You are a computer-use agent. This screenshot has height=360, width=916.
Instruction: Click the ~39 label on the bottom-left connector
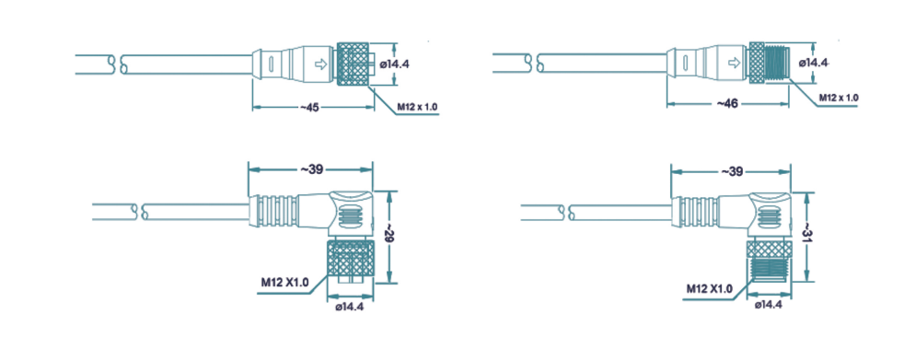pyautogui.click(x=311, y=169)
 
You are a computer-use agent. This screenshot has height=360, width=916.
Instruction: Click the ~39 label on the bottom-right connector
pyautogui.click(x=731, y=171)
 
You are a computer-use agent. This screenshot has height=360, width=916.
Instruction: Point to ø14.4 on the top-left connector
pyautogui.click(x=394, y=64)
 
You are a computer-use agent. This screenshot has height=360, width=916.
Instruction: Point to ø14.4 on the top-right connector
pyautogui.click(x=813, y=62)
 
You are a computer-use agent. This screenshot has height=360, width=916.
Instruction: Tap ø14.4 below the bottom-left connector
pyautogui.click(x=350, y=308)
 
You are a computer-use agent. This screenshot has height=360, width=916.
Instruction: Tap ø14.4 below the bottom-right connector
pyautogui.click(x=768, y=305)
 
